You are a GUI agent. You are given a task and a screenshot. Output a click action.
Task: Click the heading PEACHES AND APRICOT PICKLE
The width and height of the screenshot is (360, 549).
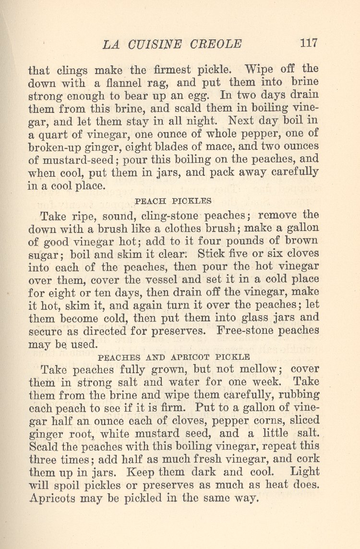[174, 357]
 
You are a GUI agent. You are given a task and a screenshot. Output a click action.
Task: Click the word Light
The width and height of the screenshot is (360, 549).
[302, 472]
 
